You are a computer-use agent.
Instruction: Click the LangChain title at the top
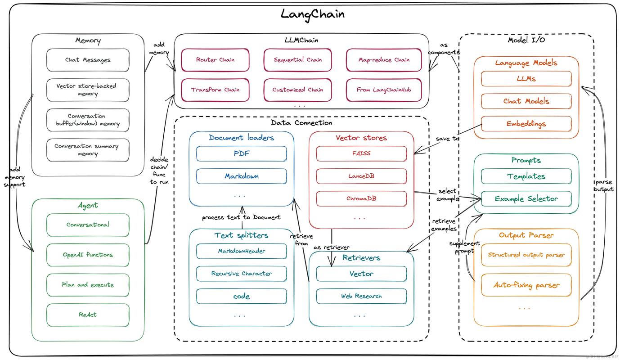pos(313,14)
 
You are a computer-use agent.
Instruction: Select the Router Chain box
pos(216,60)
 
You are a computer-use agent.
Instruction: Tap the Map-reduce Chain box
pos(384,60)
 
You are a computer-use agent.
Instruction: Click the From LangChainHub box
pos(384,90)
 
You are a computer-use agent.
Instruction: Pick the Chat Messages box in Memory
pos(88,60)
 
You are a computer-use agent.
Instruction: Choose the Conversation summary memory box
pos(88,150)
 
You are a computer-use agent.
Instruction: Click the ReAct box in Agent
pos(88,315)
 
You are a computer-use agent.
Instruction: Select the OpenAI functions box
pos(88,255)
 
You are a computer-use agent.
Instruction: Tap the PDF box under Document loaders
pos(242,154)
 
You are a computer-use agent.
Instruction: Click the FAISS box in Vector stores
pos(361,154)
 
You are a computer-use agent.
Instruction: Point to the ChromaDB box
pos(361,198)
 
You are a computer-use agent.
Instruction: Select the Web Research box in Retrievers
pos(361,296)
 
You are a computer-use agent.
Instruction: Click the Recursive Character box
pos(242,274)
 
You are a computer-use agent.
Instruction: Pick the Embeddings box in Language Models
pos(526,124)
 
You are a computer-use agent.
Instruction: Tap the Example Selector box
pos(526,199)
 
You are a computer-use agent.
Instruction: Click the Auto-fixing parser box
pos(526,285)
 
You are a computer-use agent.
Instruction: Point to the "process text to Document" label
pos(241,217)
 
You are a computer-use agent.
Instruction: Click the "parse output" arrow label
pos(604,185)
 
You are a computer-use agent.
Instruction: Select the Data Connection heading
pos(302,123)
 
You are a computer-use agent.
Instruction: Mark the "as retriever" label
pos(331,247)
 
